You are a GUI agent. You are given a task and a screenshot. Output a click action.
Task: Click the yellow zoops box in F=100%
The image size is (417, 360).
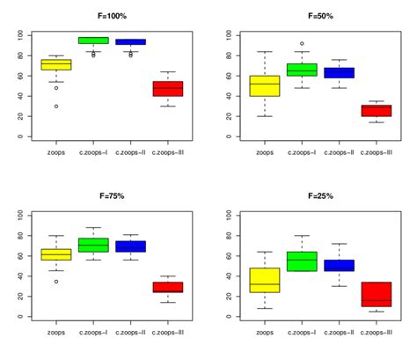coord(56,65)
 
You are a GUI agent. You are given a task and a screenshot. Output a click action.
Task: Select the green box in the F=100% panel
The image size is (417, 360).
coord(93,40)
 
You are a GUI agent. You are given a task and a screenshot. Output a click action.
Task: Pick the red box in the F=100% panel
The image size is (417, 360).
coord(167,89)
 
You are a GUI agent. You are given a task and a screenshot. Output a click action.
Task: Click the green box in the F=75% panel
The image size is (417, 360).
coord(93,245)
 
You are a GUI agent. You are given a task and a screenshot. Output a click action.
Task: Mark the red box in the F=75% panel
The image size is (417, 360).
coord(167,287)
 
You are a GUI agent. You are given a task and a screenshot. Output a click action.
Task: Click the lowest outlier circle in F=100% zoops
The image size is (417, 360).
coord(56,107)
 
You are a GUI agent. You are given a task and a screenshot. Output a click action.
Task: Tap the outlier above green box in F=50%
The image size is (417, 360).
coord(302,43)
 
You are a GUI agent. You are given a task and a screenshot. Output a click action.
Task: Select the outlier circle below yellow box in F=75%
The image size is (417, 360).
coord(56,282)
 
